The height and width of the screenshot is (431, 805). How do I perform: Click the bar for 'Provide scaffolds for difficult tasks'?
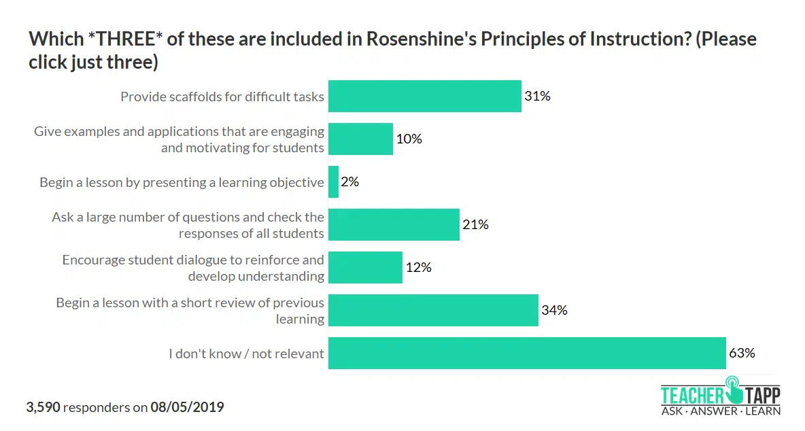(x=424, y=96)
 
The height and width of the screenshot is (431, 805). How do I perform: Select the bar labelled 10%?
(x=360, y=139)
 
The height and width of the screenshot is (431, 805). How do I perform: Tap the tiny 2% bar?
(x=333, y=182)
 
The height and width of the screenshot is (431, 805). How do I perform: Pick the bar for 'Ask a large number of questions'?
(x=394, y=224)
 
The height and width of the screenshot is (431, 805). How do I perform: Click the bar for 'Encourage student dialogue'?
(x=365, y=267)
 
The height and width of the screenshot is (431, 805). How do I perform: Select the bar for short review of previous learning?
(x=433, y=310)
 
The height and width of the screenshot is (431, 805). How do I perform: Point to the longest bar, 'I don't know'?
(x=527, y=353)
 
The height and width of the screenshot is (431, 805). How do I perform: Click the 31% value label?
(x=537, y=96)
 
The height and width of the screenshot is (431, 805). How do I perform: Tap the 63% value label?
(x=742, y=353)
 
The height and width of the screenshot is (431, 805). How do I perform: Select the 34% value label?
(x=554, y=310)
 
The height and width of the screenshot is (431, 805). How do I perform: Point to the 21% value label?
(x=475, y=224)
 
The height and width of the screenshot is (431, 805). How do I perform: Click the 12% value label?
(x=418, y=267)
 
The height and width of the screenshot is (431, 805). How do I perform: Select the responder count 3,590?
(x=44, y=407)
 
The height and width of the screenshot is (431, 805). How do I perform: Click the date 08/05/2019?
(x=187, y=407)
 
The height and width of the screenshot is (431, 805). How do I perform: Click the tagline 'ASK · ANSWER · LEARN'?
(x=721, y=411)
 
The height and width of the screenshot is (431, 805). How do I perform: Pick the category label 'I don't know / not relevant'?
(x=246, y=354)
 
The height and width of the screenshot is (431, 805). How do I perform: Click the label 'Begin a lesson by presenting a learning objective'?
(x=182, y=182)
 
